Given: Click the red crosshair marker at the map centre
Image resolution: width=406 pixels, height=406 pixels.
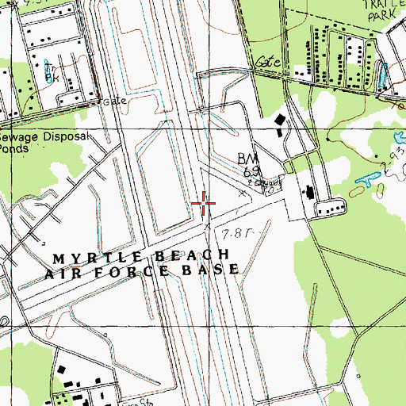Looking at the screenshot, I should pos(204,204).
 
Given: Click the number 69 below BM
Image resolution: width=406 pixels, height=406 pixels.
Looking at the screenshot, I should pos(252,172).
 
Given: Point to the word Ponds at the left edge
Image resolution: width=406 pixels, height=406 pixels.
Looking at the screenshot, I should pos(14,147).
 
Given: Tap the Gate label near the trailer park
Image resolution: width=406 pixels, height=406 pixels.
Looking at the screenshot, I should pos(264,60).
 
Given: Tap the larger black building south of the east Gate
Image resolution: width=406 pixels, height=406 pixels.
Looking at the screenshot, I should pos(280,121).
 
